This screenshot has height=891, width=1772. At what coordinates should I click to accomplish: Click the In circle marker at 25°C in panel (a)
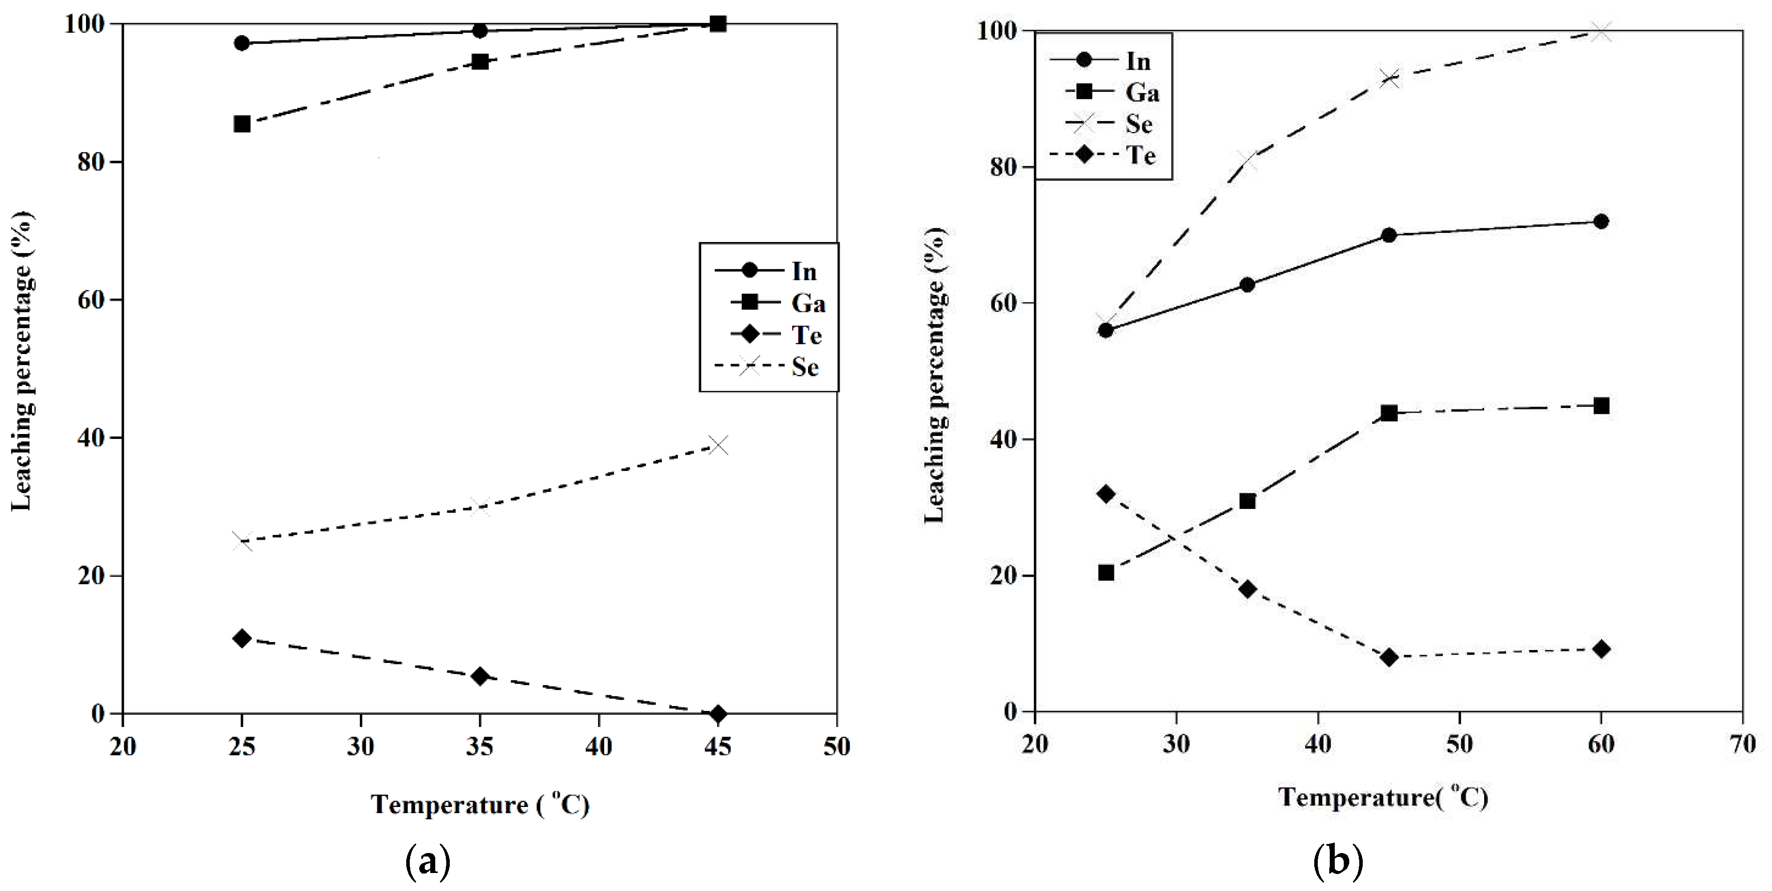tap(241, 43)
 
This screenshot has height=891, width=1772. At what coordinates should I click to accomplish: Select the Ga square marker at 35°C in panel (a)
tap(480, 62)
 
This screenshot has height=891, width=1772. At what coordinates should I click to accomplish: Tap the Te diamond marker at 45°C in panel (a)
tap(718, 713)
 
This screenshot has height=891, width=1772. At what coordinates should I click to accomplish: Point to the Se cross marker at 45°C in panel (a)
tap(718, 446)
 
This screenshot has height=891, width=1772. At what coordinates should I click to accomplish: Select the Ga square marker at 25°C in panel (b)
tap(1106, 572)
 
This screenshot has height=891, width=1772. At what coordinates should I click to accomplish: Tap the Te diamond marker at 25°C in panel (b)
tap(1106, 494)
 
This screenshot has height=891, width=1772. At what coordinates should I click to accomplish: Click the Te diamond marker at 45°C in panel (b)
tap(1389, 657)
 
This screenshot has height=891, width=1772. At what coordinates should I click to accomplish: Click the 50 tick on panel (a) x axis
tap(837, 746)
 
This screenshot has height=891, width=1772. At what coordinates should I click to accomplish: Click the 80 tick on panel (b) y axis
tap(1003, 167)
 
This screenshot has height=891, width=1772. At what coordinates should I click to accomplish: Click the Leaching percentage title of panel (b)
tap(934, 375)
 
